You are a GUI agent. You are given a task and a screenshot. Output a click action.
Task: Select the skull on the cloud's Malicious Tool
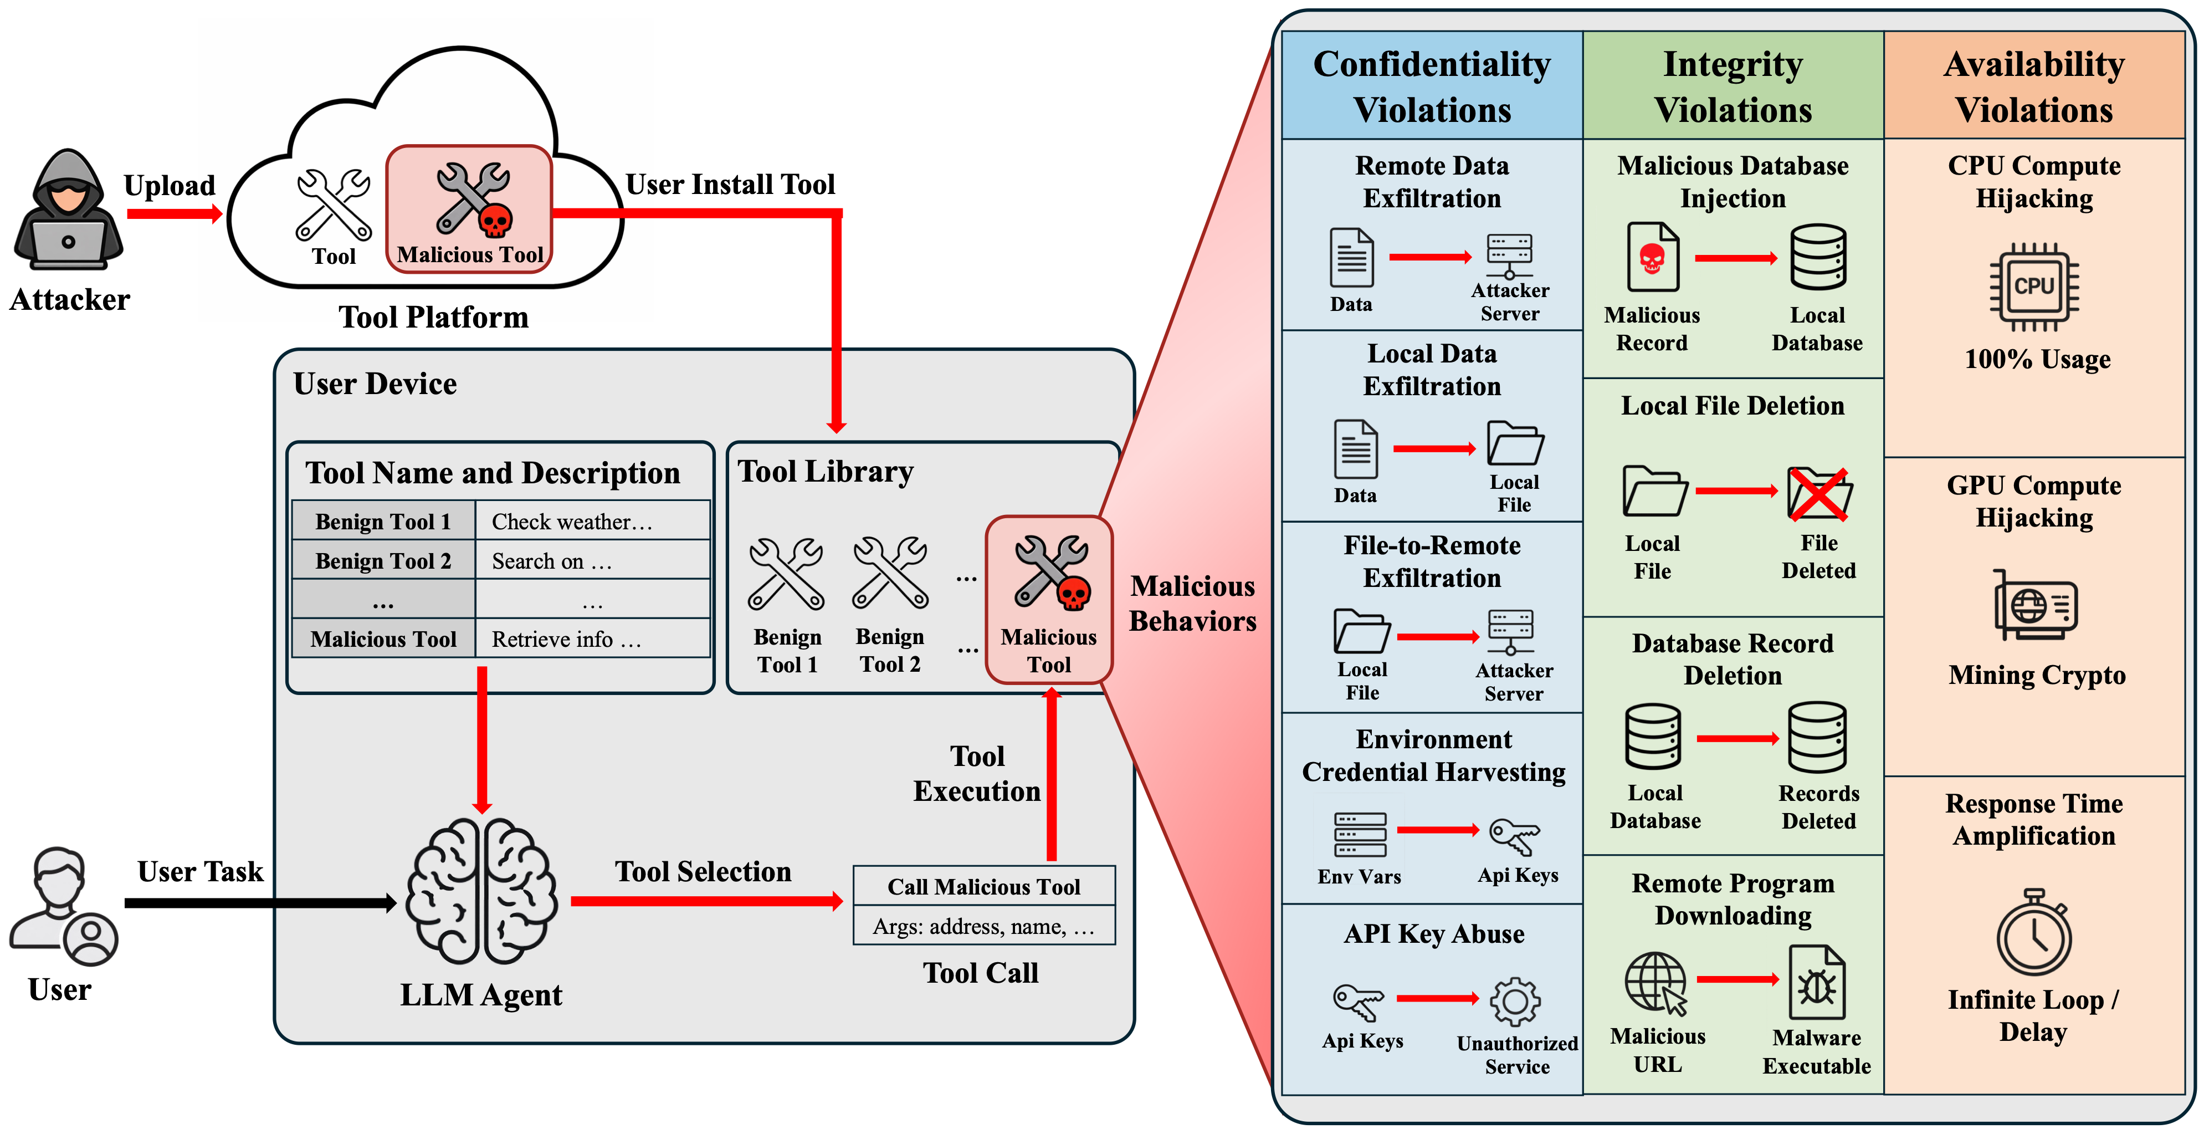pos(495,221)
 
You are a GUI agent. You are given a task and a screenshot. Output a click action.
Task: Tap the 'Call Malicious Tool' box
pos(984,887)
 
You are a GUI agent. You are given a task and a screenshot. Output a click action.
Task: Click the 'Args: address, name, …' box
pos(984,926)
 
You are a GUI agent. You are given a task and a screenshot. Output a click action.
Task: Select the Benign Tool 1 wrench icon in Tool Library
pos(786,574)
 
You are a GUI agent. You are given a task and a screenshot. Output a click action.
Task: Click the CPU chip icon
pos(2034,287)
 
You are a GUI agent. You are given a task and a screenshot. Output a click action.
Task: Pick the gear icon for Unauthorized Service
pos(1515,1002)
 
